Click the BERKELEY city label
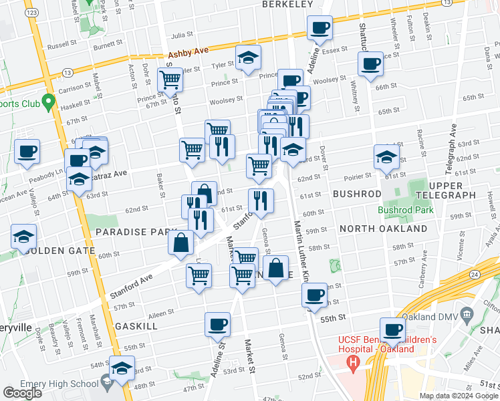(x=287, y=4)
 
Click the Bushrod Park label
(x=406, y=209)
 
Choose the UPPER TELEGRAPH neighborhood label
(x=445, y=189)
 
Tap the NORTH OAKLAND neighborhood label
(x=383, y=229)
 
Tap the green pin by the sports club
(x=47, y=103)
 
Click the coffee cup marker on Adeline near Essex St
(x=320, y=29)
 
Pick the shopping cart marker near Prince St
(x=170, y=80)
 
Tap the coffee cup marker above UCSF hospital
(x=392, y=329)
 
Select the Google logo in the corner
(x=22, y=393)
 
